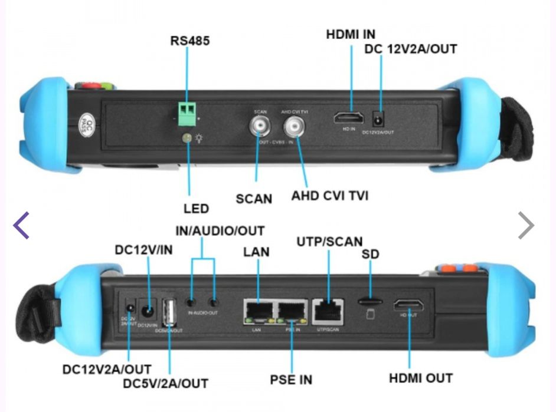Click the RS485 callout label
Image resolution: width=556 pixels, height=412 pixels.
coord(189,41)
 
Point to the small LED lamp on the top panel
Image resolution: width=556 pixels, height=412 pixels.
coord(187,138)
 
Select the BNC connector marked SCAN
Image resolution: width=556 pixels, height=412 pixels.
coord(260,126)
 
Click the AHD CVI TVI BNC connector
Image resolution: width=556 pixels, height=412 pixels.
coord(295,126)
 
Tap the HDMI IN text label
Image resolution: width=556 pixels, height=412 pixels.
coord(351,34)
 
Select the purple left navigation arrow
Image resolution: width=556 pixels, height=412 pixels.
coord(21,226)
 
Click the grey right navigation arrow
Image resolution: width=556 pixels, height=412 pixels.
coord(526,226)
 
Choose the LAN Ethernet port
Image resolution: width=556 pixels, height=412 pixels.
coord(258,311)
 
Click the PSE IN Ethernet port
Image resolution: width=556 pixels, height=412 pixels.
coord(292,311)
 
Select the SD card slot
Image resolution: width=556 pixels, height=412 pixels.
coord(370,301)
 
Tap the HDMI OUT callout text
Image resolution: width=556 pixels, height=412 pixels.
coord(420,378)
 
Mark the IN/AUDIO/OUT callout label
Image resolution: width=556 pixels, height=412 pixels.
coord(220,230)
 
